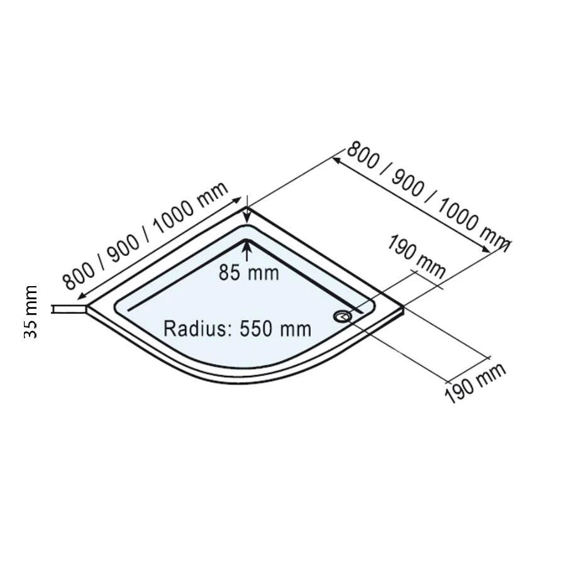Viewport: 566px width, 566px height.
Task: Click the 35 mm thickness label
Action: pyautogui.click(x=31, y=312)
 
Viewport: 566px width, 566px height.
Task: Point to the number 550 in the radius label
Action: pyautogui.click(x=258, y=328)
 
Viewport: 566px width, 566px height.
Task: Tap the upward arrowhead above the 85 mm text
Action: pyautogui.click(x=247, y=247)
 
